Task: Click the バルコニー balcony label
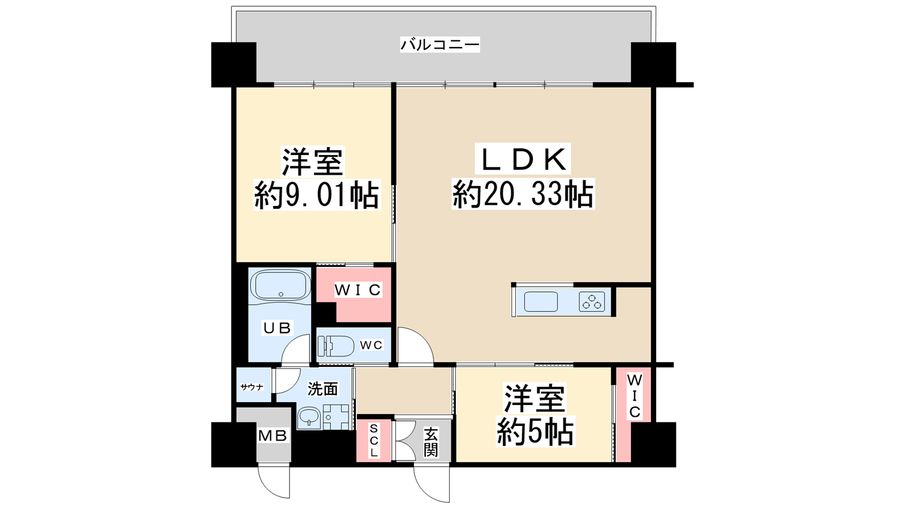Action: (x=440, y=45)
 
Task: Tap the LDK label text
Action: (x=523, y=159)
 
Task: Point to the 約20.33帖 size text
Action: (x=523, y=195)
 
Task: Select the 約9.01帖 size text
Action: (x=317, y=196)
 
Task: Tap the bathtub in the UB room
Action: (x=281, y=286)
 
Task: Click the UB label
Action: (x=277, y=327)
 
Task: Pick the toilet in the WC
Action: (x=336, y=346)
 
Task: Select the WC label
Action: (x=371, y=345)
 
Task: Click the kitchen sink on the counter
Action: (x=541, y=301)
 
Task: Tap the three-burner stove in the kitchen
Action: (x=592, y=301)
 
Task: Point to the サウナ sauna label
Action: (x=252, y=387)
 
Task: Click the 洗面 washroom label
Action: (x=322, y=389)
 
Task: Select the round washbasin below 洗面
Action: (x=309, y=417)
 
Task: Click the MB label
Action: (x=273, y=435)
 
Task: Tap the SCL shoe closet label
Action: (x=374, y=441)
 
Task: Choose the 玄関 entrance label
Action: (x=430, y=442)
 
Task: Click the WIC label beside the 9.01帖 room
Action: (x=358, y=290)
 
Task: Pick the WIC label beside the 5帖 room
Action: (x=634, y=396)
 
